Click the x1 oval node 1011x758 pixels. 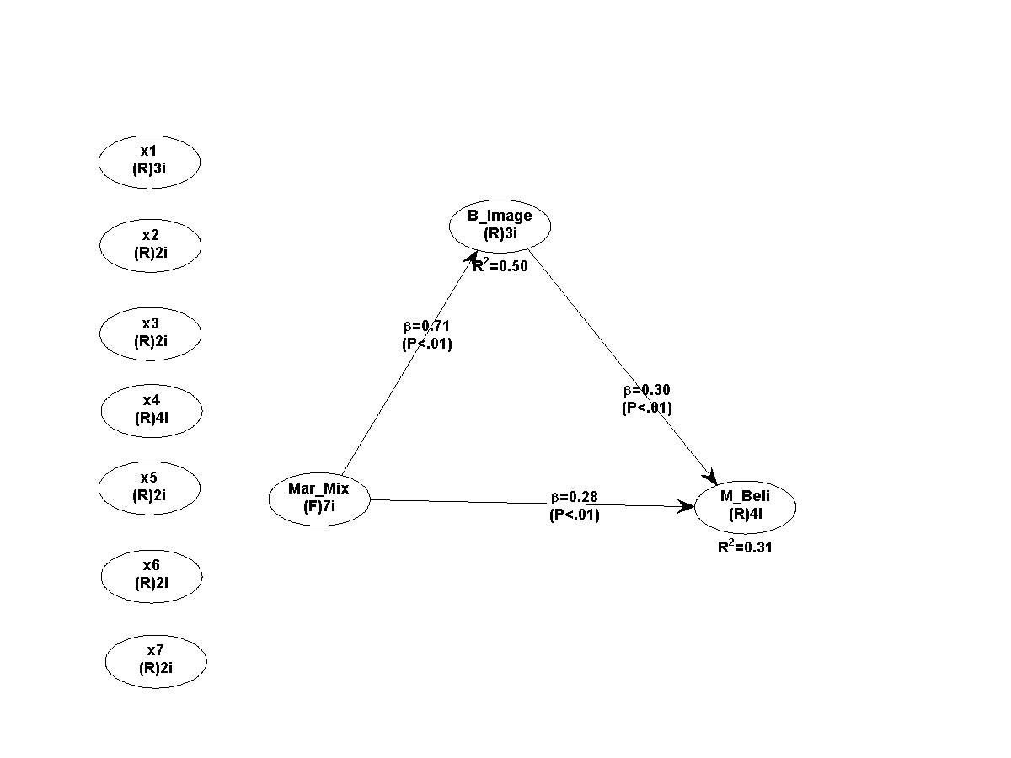pyautogui.click(x=149, y=160)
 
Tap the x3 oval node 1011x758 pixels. pyautogui.click(x=150, y=333)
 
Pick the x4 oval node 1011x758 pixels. pyautogui.click(x=152, y=410)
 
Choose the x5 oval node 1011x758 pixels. pyautogui.click(x=149, y=487)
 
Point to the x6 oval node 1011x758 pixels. pyautogui.click(x=152, y=575)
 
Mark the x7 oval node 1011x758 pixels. pyautogui.click(x=156, y=660)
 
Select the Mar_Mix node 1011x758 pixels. pyautogui.click(x=319, y=498)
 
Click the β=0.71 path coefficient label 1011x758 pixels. pyautogui.click(x=427, y=327)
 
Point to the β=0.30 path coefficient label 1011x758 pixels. pyautogui.click(x=647, y=391)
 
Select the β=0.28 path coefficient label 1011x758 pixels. pyautogui.click(x=575, y=497)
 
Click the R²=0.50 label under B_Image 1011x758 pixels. pyautogui.click(x=500, y=266)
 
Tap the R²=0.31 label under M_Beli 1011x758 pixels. pyautogui.click(x=746, y=547)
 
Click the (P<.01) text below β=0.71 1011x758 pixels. pyautogui.click(x=427, y=344)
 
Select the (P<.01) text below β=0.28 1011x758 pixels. pyautogui.click(x=575, y=515)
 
